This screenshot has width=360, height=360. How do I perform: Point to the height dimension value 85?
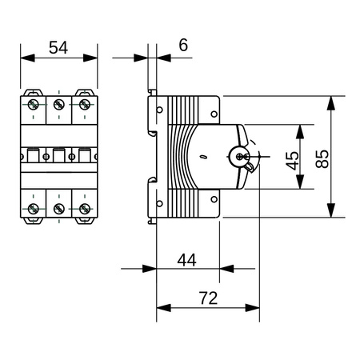pyautogui.click(x=322, y=157)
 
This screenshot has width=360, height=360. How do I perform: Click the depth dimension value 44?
pyautogui.click(x=187, y=259)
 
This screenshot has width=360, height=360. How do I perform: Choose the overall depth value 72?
pyautogui.click(x=207, y=298)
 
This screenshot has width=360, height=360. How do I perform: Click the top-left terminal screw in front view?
pyautogui.click(x=34, y=104)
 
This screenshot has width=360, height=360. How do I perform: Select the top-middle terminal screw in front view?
pyautogui.click(x=58, y=104)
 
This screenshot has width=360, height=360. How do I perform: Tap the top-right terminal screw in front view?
pyautogui.click(x=84, y=104)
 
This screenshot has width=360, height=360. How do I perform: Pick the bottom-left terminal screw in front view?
pyautogui.click(x=34, y=209)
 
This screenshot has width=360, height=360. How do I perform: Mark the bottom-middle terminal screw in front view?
pyautogui.click(x=58, y=209)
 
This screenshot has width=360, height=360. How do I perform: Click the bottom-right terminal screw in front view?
pyautogui.click(x=84, y=209)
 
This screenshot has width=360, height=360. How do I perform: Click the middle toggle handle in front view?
pyautogui.click(x=58, y=156)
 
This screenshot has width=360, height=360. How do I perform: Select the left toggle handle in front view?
pyautogui.click(x=34, y=156)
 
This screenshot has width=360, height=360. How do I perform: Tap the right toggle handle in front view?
pyautogui.click(x=83, y=156)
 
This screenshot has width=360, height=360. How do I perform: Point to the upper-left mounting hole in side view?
pyautogui.click(x=158, y=110)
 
